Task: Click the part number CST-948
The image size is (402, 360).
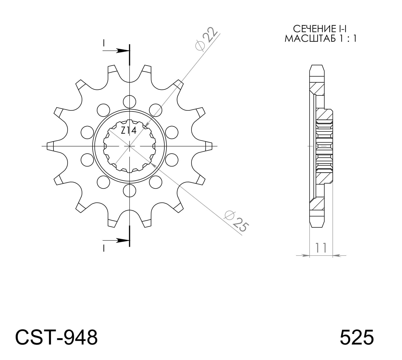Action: (56, 337)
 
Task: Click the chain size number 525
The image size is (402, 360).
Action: (357, 337)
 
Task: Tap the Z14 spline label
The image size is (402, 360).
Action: (129, 131)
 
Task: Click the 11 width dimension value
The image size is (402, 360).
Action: (321, 248)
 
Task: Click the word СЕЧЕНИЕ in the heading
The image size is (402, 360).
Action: (310, 29)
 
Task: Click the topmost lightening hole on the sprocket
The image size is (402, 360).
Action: (130, 102)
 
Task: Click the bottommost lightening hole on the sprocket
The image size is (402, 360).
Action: (130, 190)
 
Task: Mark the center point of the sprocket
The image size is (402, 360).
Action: (130, 146)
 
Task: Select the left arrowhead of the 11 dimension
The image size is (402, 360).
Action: (305, 255)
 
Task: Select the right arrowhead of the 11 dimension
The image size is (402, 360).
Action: (337, 255)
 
